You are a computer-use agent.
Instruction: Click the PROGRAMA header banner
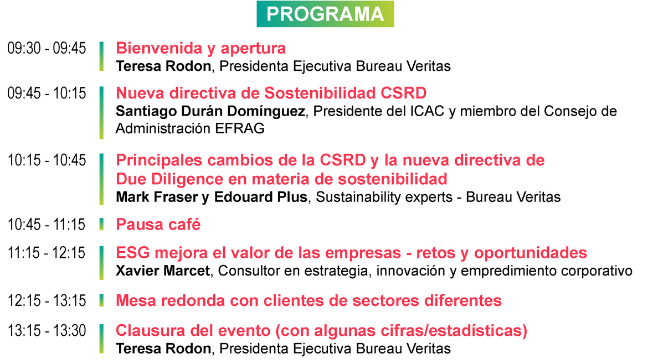pyautogui.click(x=325, y=14)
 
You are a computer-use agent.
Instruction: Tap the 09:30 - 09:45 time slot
pyautogui.click(x=47, y=48)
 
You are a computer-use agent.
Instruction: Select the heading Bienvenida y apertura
pyautogui.click(x=201, y=48)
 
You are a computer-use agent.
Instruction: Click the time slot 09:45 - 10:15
pyautogui.click(x=47, y=93)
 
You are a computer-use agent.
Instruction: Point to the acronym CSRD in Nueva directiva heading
pyautogui.click(x=403, y=93)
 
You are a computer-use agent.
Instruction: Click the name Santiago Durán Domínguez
pyautogui.click(x=210, y=111)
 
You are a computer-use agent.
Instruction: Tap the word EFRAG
pyautogui.click(x=240, y=128)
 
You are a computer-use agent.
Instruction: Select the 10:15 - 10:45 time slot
pyautogui.click(x=47, y=160)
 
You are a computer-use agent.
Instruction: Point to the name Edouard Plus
pyautogui.click(x=261, y=197)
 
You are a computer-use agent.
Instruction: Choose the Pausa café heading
pyautogui.click(x=158, y=225)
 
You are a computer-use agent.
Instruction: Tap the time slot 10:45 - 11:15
pyautogui.click(x=47, y=225)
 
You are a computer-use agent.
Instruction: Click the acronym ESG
pyautogui.click(x=133, y=253)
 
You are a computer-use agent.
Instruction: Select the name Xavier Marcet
pyautogui.click(x=163, y=271)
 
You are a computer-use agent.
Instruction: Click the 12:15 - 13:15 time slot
pyautogui.click(x=47, y=300)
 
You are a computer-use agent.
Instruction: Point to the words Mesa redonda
pyautogui.click(x=171, y=300)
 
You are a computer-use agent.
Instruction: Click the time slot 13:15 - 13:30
pyautogui.click(x=47, y=331)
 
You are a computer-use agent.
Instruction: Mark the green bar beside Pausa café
pyautogui.click(x=101, y=224)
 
